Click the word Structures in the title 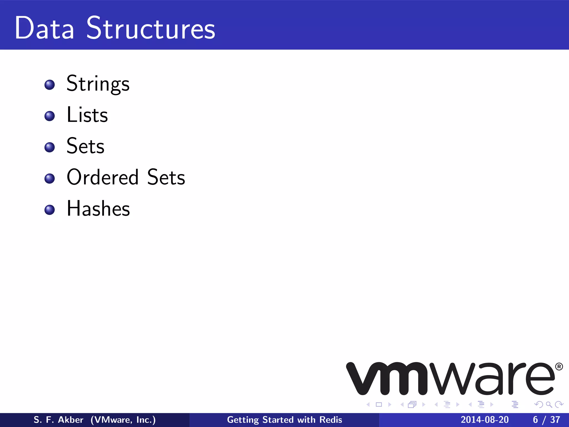pos(151,28)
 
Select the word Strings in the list pos(98,84)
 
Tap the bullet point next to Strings pos(50,85)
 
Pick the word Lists pos(87,115)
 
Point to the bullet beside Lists pos(50,116)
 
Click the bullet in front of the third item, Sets pos(50,147)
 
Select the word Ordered pos(103,177)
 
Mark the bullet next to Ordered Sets pos(50,178)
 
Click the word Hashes pos(98,208)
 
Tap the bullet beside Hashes pos(50,210)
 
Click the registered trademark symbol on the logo pos(559,367)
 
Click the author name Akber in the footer pos(71,420)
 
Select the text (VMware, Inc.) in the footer pos(123,420)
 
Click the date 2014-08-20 pos(485,420)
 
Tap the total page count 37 pos(555,420)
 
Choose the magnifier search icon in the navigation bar pos(549,404)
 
